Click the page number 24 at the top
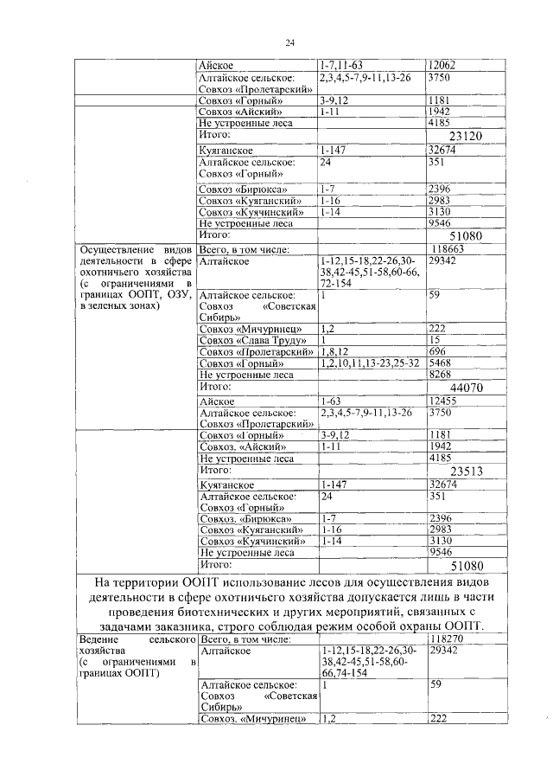(290, 43)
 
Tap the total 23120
(466, 136)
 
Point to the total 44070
(466, 388)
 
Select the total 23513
(466, 472)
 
